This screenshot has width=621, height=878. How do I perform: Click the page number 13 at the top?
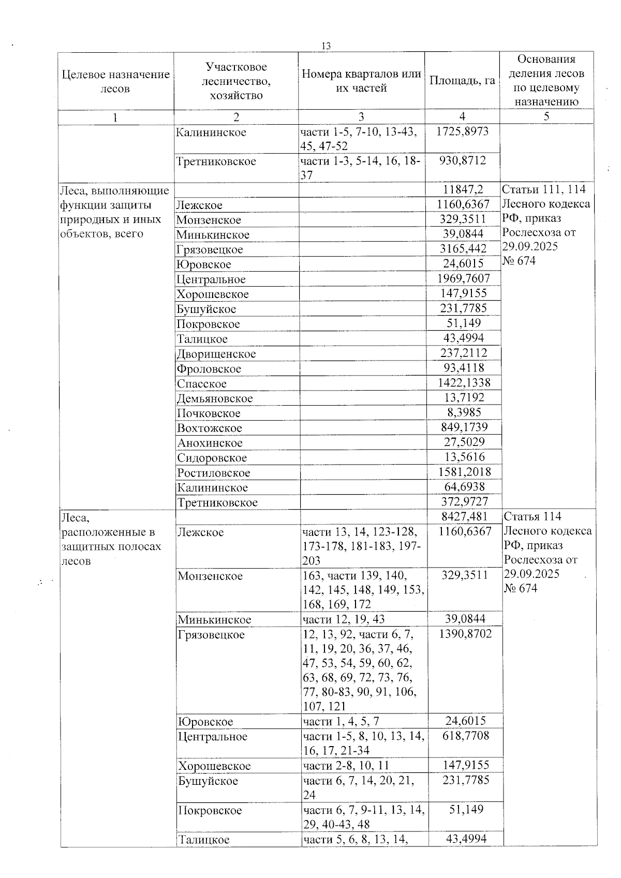pos(326,46)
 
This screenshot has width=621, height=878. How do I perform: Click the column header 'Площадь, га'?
pos(462,81)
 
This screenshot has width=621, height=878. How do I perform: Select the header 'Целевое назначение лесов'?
pos(115,81)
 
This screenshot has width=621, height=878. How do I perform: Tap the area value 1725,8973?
pos(462,131)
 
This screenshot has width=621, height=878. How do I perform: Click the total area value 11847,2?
pos(464,190)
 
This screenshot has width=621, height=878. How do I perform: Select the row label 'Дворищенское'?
pos(216,354)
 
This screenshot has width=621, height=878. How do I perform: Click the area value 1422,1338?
pos(464,383)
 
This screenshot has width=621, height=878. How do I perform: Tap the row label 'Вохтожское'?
pos(210,428)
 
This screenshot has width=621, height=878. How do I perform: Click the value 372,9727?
pos(464,501)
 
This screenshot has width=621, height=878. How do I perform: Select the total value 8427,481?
pos(464,516)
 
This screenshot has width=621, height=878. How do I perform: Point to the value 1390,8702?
pos(465,634)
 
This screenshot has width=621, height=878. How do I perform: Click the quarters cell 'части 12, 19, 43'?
pos(344,619)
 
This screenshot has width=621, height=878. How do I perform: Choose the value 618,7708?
pos(465,736)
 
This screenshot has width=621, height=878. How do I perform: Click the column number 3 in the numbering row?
pos(361,117)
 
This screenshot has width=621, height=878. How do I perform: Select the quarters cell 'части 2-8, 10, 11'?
pos(346,766)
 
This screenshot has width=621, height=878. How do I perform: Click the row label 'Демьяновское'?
pos(215,398)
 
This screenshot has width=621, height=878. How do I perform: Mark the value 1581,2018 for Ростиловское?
pos(464,472)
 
